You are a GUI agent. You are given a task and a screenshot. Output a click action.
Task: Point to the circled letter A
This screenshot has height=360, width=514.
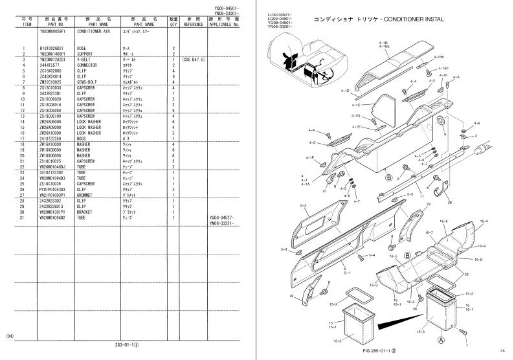pyautogui.click(x=441, y=339)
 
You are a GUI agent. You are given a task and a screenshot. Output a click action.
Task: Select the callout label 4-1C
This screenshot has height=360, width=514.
pyautogui.click(x=356, y=104)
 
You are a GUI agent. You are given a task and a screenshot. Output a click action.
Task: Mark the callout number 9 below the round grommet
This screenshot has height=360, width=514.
pyautogui.click(x=445, y=133)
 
